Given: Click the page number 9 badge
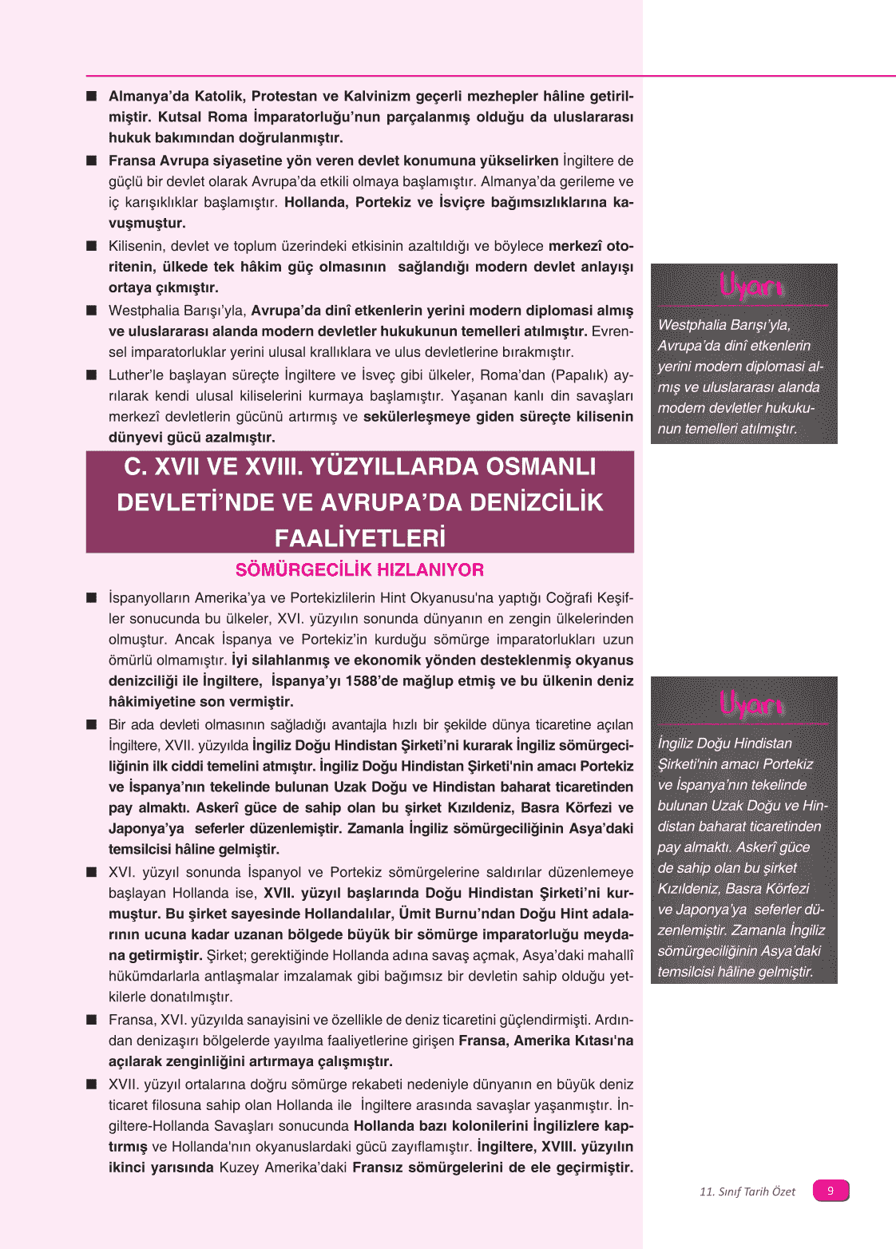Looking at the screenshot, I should (x=831, y=1191).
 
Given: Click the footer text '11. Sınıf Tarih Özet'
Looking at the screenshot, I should (x=747, y=1192).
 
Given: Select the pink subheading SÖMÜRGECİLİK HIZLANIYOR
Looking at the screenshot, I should (x=359, y=569).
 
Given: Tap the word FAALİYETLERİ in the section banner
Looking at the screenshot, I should (x=359, y=537).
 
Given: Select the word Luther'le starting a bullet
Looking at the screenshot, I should (x=134, y=375).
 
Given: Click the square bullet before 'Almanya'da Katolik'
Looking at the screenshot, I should (x=92, y=97).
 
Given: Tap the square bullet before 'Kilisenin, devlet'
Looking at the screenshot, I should (x=92, y=246).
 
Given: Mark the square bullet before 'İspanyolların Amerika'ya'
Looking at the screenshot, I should (x=92, y=597).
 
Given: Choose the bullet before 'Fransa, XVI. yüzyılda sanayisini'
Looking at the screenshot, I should (x=92, y=1020).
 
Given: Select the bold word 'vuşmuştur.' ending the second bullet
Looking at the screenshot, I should (x=147, y=224).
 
